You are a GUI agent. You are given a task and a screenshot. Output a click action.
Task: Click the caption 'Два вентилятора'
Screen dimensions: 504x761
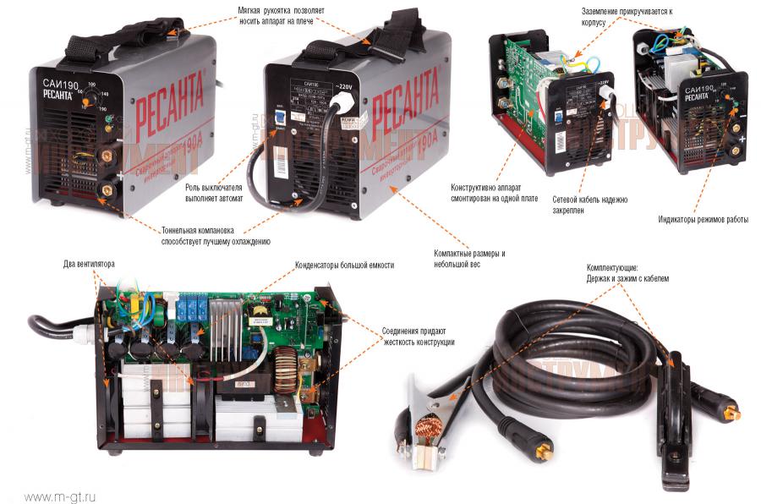[x=89, y=263]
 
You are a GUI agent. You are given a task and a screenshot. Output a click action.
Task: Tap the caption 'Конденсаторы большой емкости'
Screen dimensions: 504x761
[x=344, y=265]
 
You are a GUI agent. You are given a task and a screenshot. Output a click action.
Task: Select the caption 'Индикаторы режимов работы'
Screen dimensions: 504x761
[x=704, y=220]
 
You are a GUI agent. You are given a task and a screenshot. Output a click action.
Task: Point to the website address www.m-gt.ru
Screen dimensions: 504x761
[x=60, y=496]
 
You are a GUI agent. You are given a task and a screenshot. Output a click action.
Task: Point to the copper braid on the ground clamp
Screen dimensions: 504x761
[x=430, y=420]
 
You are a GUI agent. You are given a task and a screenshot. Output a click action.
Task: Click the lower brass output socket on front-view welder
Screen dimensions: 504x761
[x=107, y=189]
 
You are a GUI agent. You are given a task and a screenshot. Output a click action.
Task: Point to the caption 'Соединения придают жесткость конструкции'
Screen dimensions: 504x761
[x=418, y=337]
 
